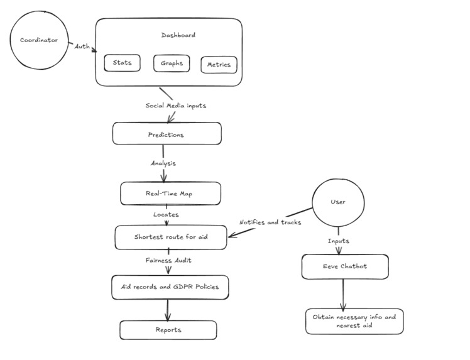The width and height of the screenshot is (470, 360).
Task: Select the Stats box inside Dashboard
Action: click(x=122, y=63)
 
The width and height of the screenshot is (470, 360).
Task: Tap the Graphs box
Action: click(x=172, y=63)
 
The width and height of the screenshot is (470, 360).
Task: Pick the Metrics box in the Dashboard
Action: click(x=219, y=64)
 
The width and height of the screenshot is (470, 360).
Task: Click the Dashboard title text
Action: click(x=178, y=35)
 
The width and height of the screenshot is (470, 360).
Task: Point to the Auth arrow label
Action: click(x=82, y=46)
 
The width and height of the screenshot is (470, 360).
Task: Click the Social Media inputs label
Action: click(x=176, y=106)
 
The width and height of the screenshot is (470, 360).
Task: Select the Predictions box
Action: click(x=167, y=134)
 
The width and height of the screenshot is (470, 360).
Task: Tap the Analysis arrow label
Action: click(x=163, y=163)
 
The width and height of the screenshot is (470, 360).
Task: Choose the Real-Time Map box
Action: click(x=170, y=194)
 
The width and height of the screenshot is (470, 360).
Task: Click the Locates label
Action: click(x=166, y=215)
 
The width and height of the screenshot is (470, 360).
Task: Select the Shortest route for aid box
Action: click(x=171, y=237)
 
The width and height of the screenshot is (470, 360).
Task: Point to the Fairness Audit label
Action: click(x=168, y=259)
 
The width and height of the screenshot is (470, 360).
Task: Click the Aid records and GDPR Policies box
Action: click(x=170, y=286)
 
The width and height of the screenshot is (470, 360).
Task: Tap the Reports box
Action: click(x=168, y=330)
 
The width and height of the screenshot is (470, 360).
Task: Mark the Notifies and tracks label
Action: click(x=270, y=222)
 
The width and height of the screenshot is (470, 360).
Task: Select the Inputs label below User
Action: click(x=338, y=241)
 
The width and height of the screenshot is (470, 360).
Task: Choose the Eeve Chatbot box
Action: click(x=342, y=266)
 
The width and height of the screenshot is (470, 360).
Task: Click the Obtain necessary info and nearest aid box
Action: click(x=354, y=321)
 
